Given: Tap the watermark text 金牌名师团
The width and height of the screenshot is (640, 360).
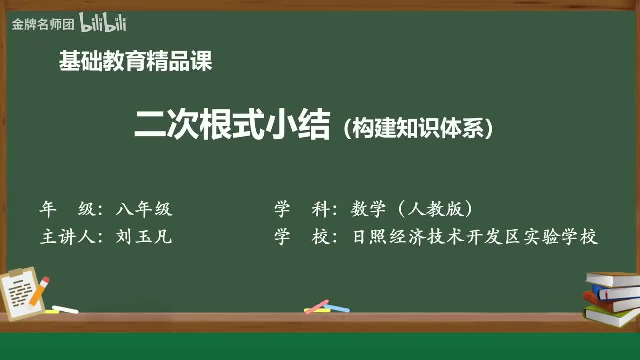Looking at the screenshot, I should [x=43, y=24].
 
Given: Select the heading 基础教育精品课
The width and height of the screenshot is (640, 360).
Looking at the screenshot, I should [x=135, y=61].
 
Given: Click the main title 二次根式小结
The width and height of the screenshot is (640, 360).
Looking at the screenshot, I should [x=232, y=125].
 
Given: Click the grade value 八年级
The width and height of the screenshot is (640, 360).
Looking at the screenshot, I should [x=144, y=209].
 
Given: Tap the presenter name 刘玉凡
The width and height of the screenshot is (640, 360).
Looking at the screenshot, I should [x=144, y=236].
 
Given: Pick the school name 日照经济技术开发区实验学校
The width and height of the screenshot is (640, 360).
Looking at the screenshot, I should [x=475, y=236].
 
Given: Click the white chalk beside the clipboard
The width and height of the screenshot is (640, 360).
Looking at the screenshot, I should [x=65, y=310].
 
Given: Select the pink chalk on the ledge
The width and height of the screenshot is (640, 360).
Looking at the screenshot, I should [x=317, y=306].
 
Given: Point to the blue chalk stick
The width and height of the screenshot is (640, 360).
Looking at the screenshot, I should [x=337, y=308].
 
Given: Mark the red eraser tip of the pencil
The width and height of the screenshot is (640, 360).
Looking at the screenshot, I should [x=46, y=280].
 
